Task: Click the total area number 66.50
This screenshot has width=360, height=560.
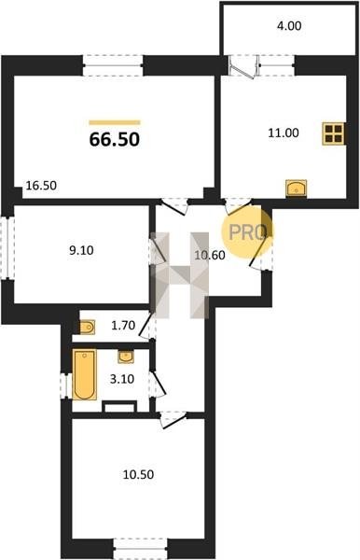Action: pos(114,139)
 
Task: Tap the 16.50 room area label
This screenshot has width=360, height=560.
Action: pos(41,186)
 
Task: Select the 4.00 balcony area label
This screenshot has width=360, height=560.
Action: pos(289,26)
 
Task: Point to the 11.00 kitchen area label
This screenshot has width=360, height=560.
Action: pos(284,133)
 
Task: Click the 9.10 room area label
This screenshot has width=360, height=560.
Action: pos(81,250)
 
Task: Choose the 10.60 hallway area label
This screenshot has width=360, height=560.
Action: pos(210,255)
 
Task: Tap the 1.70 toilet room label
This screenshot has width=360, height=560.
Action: pos(123,325)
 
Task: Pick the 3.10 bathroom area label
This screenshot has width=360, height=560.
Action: pos(122,379)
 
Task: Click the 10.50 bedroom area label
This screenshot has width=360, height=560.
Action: pos(138,474)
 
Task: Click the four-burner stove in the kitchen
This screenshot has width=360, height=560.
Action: pos(333,133)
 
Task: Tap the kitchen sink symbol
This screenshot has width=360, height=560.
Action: pos(297,188)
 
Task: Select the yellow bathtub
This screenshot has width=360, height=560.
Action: pos(85,374)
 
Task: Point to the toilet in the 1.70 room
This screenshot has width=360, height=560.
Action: pos(88,328)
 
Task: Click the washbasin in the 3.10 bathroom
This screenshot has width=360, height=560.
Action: pos(126,357)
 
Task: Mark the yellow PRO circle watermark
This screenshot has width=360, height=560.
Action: pos(246,231)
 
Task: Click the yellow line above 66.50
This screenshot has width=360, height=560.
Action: pos(115,122)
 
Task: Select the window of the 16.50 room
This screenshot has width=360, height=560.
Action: pos(113,65)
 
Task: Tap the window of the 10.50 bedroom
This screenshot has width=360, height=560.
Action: pos(140,548)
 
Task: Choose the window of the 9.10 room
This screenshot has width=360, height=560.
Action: pos(7,247)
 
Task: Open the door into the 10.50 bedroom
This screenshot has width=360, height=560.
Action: pos(173,419)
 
